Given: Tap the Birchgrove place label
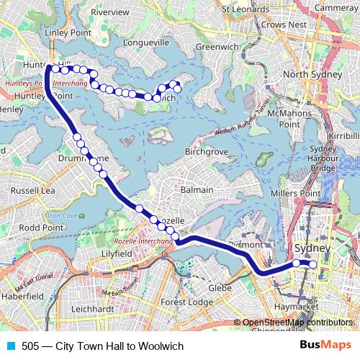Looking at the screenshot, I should tap(207, 153).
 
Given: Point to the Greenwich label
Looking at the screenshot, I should tap(212, 47).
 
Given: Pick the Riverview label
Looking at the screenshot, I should tap(110, 13).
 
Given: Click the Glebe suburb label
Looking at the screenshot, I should tap(219, 287).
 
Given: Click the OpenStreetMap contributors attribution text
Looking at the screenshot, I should tap(296, 323).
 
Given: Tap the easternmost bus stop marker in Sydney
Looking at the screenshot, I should tap(313, 264).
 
